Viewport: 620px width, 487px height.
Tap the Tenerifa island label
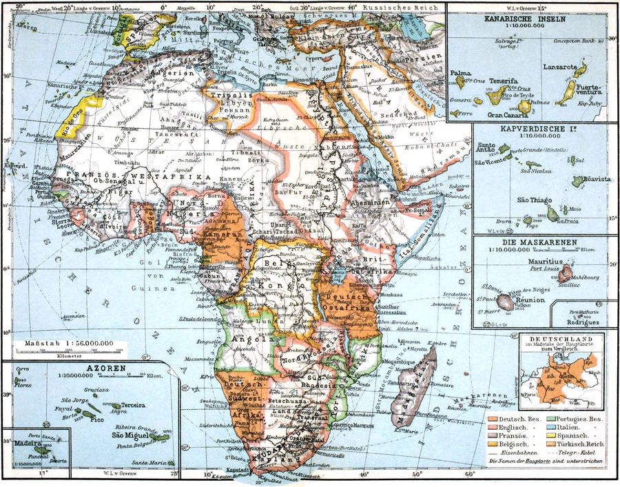coord(502,81)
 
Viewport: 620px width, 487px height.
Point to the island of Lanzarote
coord(579,70)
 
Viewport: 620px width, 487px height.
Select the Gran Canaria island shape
coord(525,105)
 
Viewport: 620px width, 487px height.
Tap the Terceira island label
coord(136,406)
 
